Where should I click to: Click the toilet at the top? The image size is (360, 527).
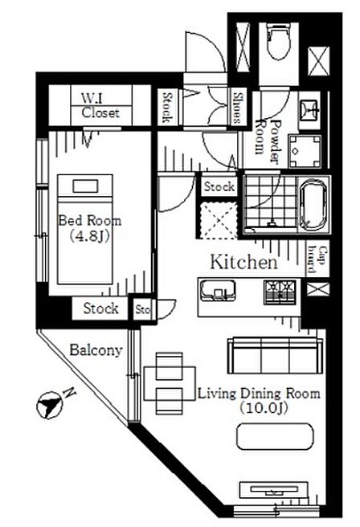pyautogui.click(x=278, y=41)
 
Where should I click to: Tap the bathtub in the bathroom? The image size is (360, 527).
pyautogui.click(x=315, y=204)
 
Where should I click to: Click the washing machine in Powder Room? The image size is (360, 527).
pyautogui.click(x=305, y=152)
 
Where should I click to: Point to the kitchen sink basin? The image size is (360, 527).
pyautogui.click(x=217, y=290)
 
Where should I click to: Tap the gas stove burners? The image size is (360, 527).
pyautogui.click(x=280, y=292)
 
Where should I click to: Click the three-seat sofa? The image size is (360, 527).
pyautogui.click(x=275, y=356)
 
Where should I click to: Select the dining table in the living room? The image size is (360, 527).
pyautogui.click(x=170, y=383)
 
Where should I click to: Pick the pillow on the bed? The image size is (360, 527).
pyautogui.click(x=85, y=186)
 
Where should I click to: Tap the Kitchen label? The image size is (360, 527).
pyautogui.click(x=244, y=262)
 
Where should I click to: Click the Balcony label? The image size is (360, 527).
pyautogui.click(x=96, y=350)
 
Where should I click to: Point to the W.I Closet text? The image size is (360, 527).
pyautogui.click(x=100, y=105)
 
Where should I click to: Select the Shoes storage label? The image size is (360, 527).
pyautogui.click(x=237, y=108)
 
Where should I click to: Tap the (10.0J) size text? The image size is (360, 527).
pyautogui.click(x=264, y=408)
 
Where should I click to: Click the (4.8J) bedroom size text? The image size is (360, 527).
pyautogui.click(x=90, y=236)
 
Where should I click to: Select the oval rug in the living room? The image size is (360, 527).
pyautogui.click(x=275, y=436)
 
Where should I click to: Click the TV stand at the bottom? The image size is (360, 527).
pyautogui.click(x=273, y=491)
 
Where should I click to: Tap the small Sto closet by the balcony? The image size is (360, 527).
pyautogui.click(x=143, y=309)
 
